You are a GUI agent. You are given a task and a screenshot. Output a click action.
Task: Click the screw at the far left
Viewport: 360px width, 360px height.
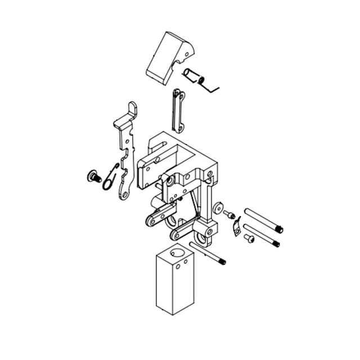(x=91, y=177)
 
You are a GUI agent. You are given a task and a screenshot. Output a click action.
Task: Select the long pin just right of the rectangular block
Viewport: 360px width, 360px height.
(x=208, y=253)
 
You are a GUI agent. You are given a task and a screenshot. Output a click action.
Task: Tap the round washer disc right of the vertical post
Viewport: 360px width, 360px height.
(x=218, y=209)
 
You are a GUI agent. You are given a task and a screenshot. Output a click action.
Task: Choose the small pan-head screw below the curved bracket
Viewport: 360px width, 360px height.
(x=250, y=239)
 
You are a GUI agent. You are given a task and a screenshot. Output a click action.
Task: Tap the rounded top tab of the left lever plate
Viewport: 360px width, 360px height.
(x=132, y=109)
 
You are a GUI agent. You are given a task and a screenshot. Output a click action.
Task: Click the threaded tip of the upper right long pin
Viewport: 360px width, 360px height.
(x=279, y=229)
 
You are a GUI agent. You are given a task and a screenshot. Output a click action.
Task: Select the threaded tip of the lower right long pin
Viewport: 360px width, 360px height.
(x=276, y=244)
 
